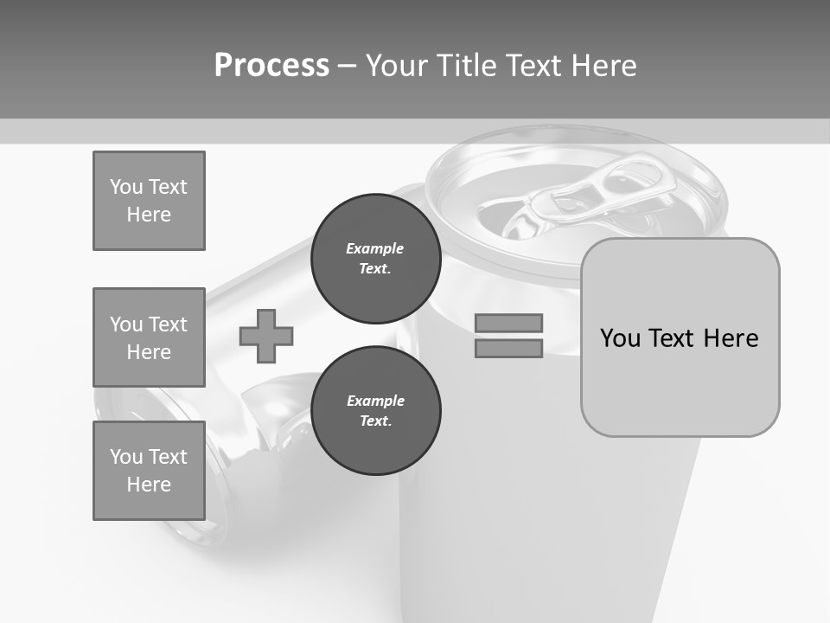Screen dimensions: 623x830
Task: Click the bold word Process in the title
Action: (x=271, y=66)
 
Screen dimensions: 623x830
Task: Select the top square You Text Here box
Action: (x=149, y=201)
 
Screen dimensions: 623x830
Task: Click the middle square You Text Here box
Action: (x=149, y=337)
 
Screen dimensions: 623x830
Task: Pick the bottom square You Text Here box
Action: (x=149, y=471)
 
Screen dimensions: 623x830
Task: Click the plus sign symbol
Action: (x=266, y=337)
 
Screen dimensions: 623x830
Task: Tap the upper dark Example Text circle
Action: (x=375, y=259)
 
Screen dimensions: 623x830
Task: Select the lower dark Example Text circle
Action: (x=375, y=411)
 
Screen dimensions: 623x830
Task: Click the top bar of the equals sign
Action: (x=508, y=323)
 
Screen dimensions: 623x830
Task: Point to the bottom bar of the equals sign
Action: (x=508, y=349)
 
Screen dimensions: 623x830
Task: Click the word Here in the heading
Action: (x=605, y=66)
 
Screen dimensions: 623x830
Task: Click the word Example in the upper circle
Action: (x=375, y=249)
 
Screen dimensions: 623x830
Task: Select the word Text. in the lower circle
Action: (x=375, y=421)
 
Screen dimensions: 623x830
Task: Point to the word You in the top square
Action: (x=125, y=187)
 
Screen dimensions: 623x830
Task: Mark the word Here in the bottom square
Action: (x=149, y=485)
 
